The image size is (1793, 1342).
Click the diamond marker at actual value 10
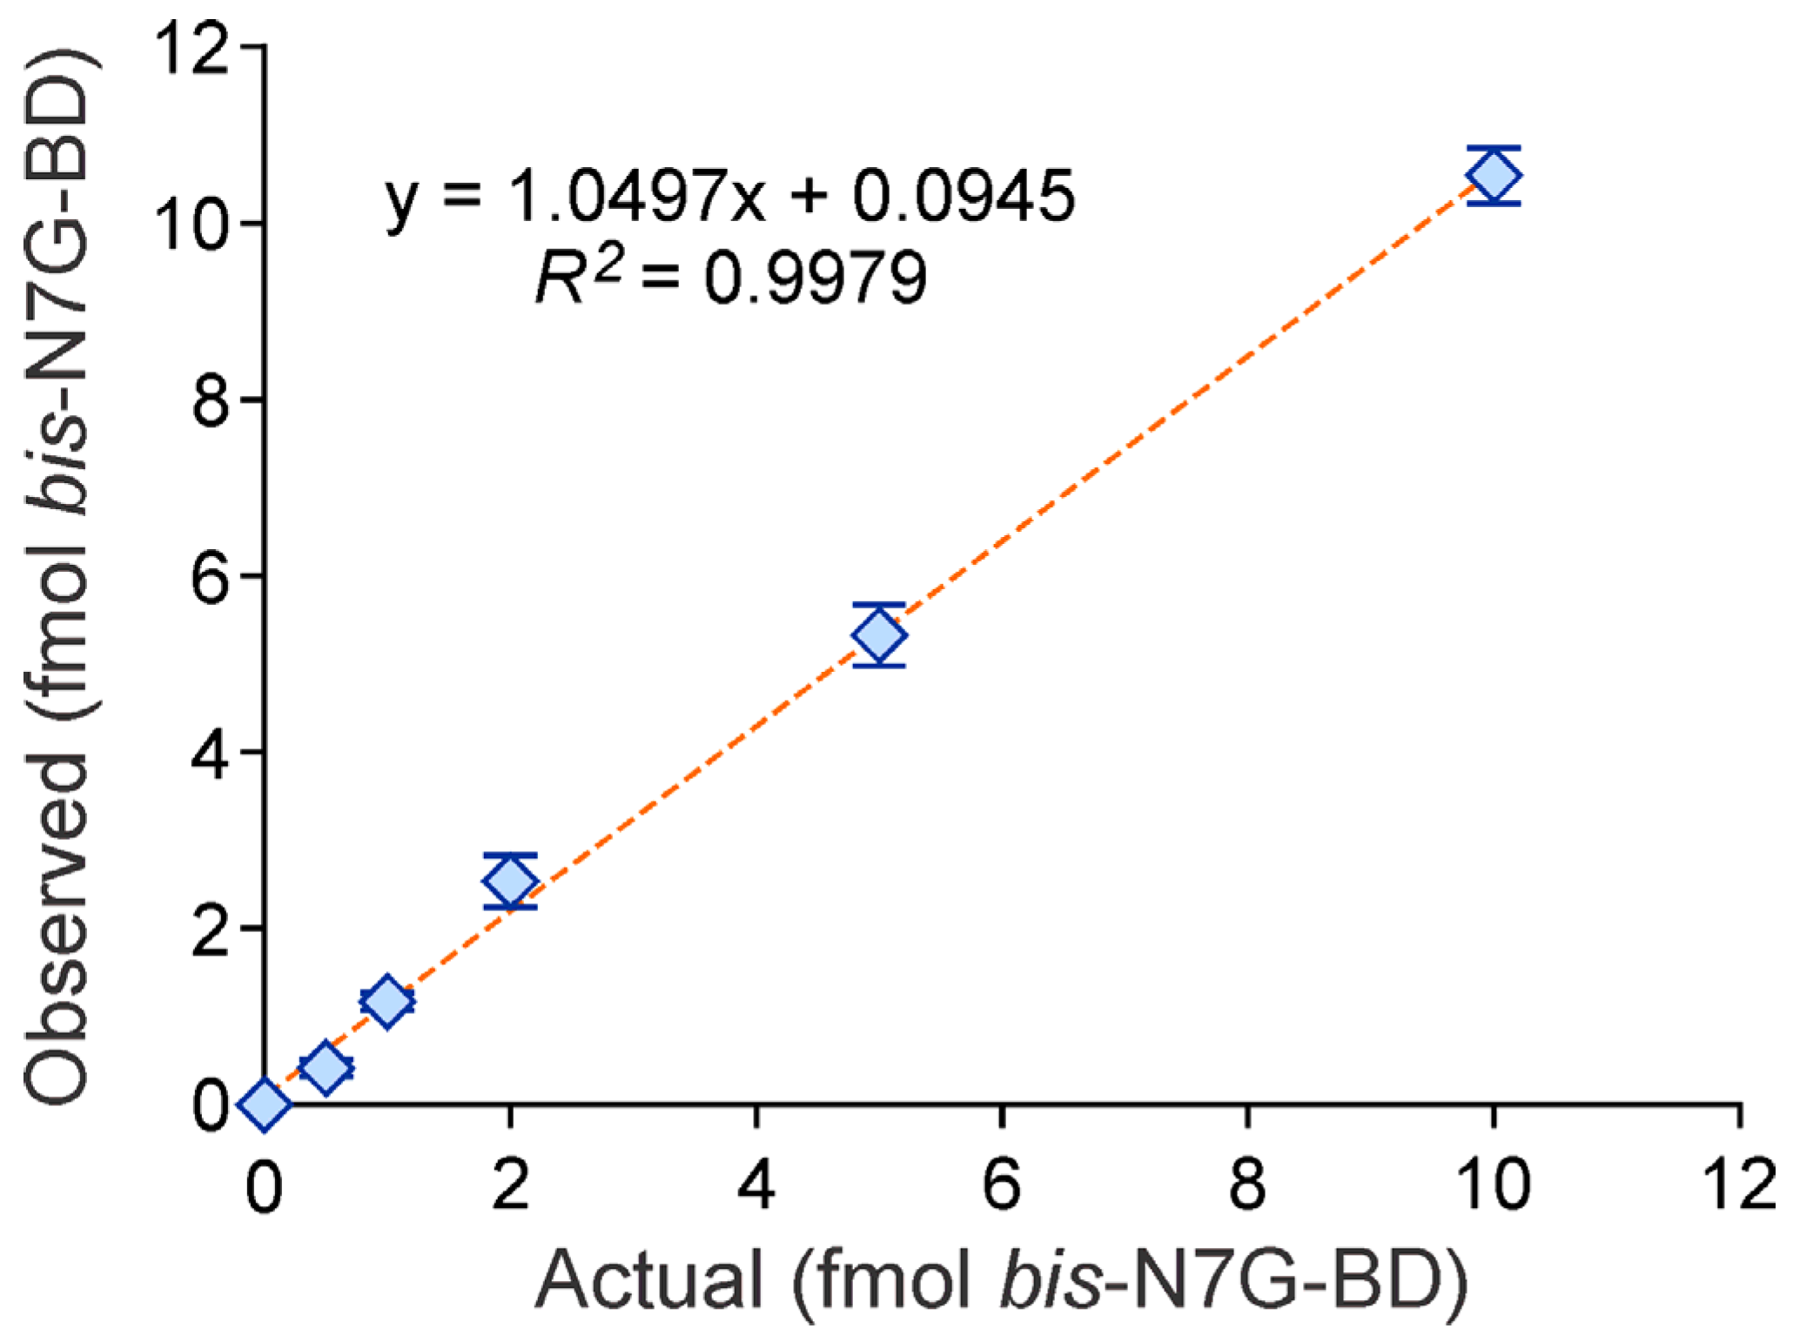coord(1494,176)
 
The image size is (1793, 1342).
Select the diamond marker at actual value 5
coord(879,634)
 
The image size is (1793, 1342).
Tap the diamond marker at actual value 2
coord(510,882)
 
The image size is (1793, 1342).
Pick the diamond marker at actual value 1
coord(387,1001)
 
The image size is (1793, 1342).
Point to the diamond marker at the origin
coord(265,1104)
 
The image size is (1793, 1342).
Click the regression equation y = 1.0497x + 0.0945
coord(729,197)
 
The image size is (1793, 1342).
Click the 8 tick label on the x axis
coord(1247,1185)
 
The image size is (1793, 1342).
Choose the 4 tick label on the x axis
coord(755,1185)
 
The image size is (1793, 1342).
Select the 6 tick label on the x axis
coord(1002,1185)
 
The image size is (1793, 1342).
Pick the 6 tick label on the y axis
coord(210,576)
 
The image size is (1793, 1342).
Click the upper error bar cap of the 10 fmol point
coord(1494,148)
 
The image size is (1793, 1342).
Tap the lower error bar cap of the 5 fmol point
coord(879,666)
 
